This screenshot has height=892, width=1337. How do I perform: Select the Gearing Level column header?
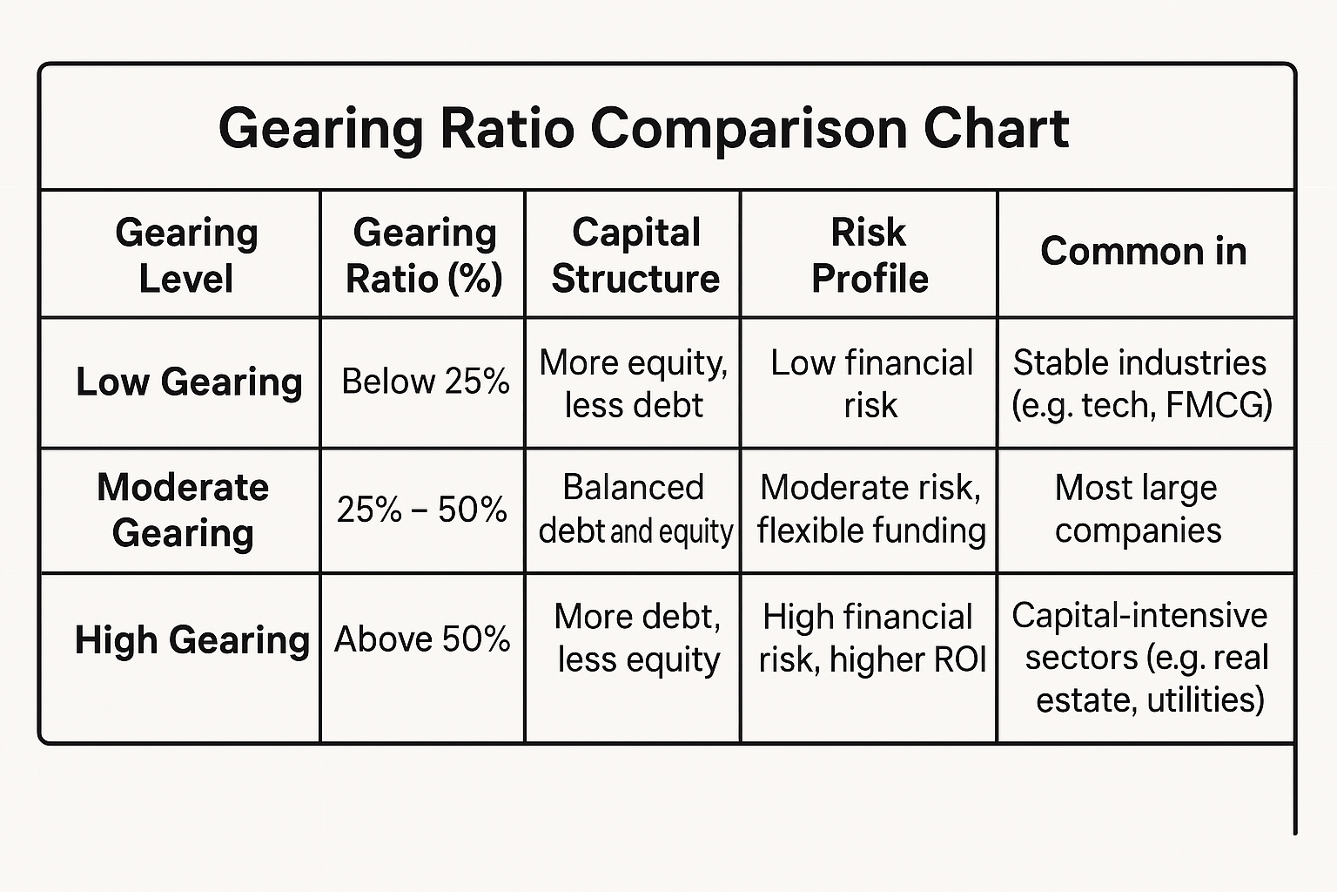coord(186,255)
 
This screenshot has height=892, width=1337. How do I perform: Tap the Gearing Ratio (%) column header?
coord(424,255)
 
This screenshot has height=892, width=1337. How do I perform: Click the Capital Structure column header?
coord(635,255)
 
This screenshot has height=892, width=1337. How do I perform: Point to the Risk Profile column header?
coord(869,255)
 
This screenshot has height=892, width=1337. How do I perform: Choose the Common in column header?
coord(1143,251)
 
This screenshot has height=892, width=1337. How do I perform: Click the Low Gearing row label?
coord(189,382)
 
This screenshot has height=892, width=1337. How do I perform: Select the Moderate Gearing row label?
coord(183,510)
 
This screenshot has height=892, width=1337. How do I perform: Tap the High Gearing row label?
coord(191,639)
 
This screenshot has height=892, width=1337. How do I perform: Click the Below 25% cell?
coord(425,382)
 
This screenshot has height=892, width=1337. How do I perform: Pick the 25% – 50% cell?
coord(422,510)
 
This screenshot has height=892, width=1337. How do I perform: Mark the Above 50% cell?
coord(422,639)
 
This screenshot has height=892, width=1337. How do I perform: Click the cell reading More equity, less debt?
coord(634,383)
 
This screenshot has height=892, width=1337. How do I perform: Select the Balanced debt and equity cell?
coord(635,509)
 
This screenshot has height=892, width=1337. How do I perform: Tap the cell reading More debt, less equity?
coord(638,638)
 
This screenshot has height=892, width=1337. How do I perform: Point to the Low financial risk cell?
coord(870,383)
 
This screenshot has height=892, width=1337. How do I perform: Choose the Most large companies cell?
coord(1137,509)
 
